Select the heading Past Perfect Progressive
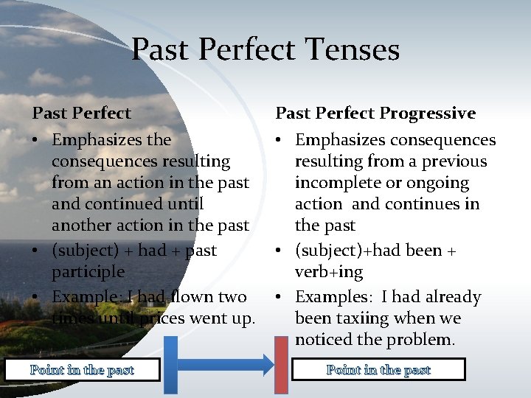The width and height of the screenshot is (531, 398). (x=375, y=113)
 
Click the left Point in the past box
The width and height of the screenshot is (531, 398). (x=82, y=370)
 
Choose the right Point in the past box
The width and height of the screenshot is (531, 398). (x=378, y=369)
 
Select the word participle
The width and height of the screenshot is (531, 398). (x=88, y=272)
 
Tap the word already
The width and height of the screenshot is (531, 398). (x=450, y=297)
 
